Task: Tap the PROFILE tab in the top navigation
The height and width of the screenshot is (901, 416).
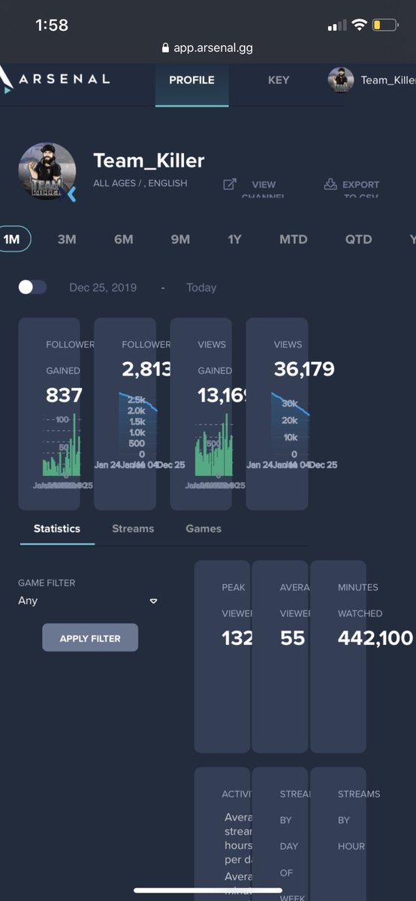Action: pyautogui.click(x=191, y=80)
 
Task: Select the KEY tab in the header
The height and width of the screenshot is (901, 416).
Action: pyautogui.click(x=279, y=80)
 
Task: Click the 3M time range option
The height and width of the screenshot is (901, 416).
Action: pyautogui.click(x=67, y=240)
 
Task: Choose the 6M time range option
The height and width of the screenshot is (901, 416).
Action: pyautogui.click(x=124, y=240)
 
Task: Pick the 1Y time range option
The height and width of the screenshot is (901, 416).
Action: pyautogui.click(x=235, y=240)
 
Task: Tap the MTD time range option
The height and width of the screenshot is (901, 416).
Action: pyautogui.click(x=293, y=240)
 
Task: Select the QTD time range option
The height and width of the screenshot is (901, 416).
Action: pyautogui.click(x=358, y=240)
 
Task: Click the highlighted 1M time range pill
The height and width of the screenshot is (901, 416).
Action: pyautogui.click(x=13, y=240)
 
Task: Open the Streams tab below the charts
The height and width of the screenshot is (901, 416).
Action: pyautogui.click(x=133, y=529)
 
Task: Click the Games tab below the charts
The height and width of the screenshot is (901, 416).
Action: pyautogui.click(x=203, y=529)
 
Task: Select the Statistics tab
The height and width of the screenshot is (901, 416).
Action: pyautogui.click(x=57, y=529)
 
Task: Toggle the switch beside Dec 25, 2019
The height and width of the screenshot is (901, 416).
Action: pyautogui.click(x=32, y=288)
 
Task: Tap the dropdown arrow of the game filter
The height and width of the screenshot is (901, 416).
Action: pyautogui.click(x=153, y=601)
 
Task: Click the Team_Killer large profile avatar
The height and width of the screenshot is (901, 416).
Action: pyautogui.click(x=47, y=172)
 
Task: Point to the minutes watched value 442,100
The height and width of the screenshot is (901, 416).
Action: pyautogui.click(x=375, y=638)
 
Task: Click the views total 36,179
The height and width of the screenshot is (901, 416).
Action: pyautogui.click(x=303, y=369)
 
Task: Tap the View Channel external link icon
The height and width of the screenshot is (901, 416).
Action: pyautogui.click(x=230, y=184)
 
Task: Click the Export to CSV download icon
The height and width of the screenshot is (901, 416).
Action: pyautogui.click(x=330, y=184)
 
